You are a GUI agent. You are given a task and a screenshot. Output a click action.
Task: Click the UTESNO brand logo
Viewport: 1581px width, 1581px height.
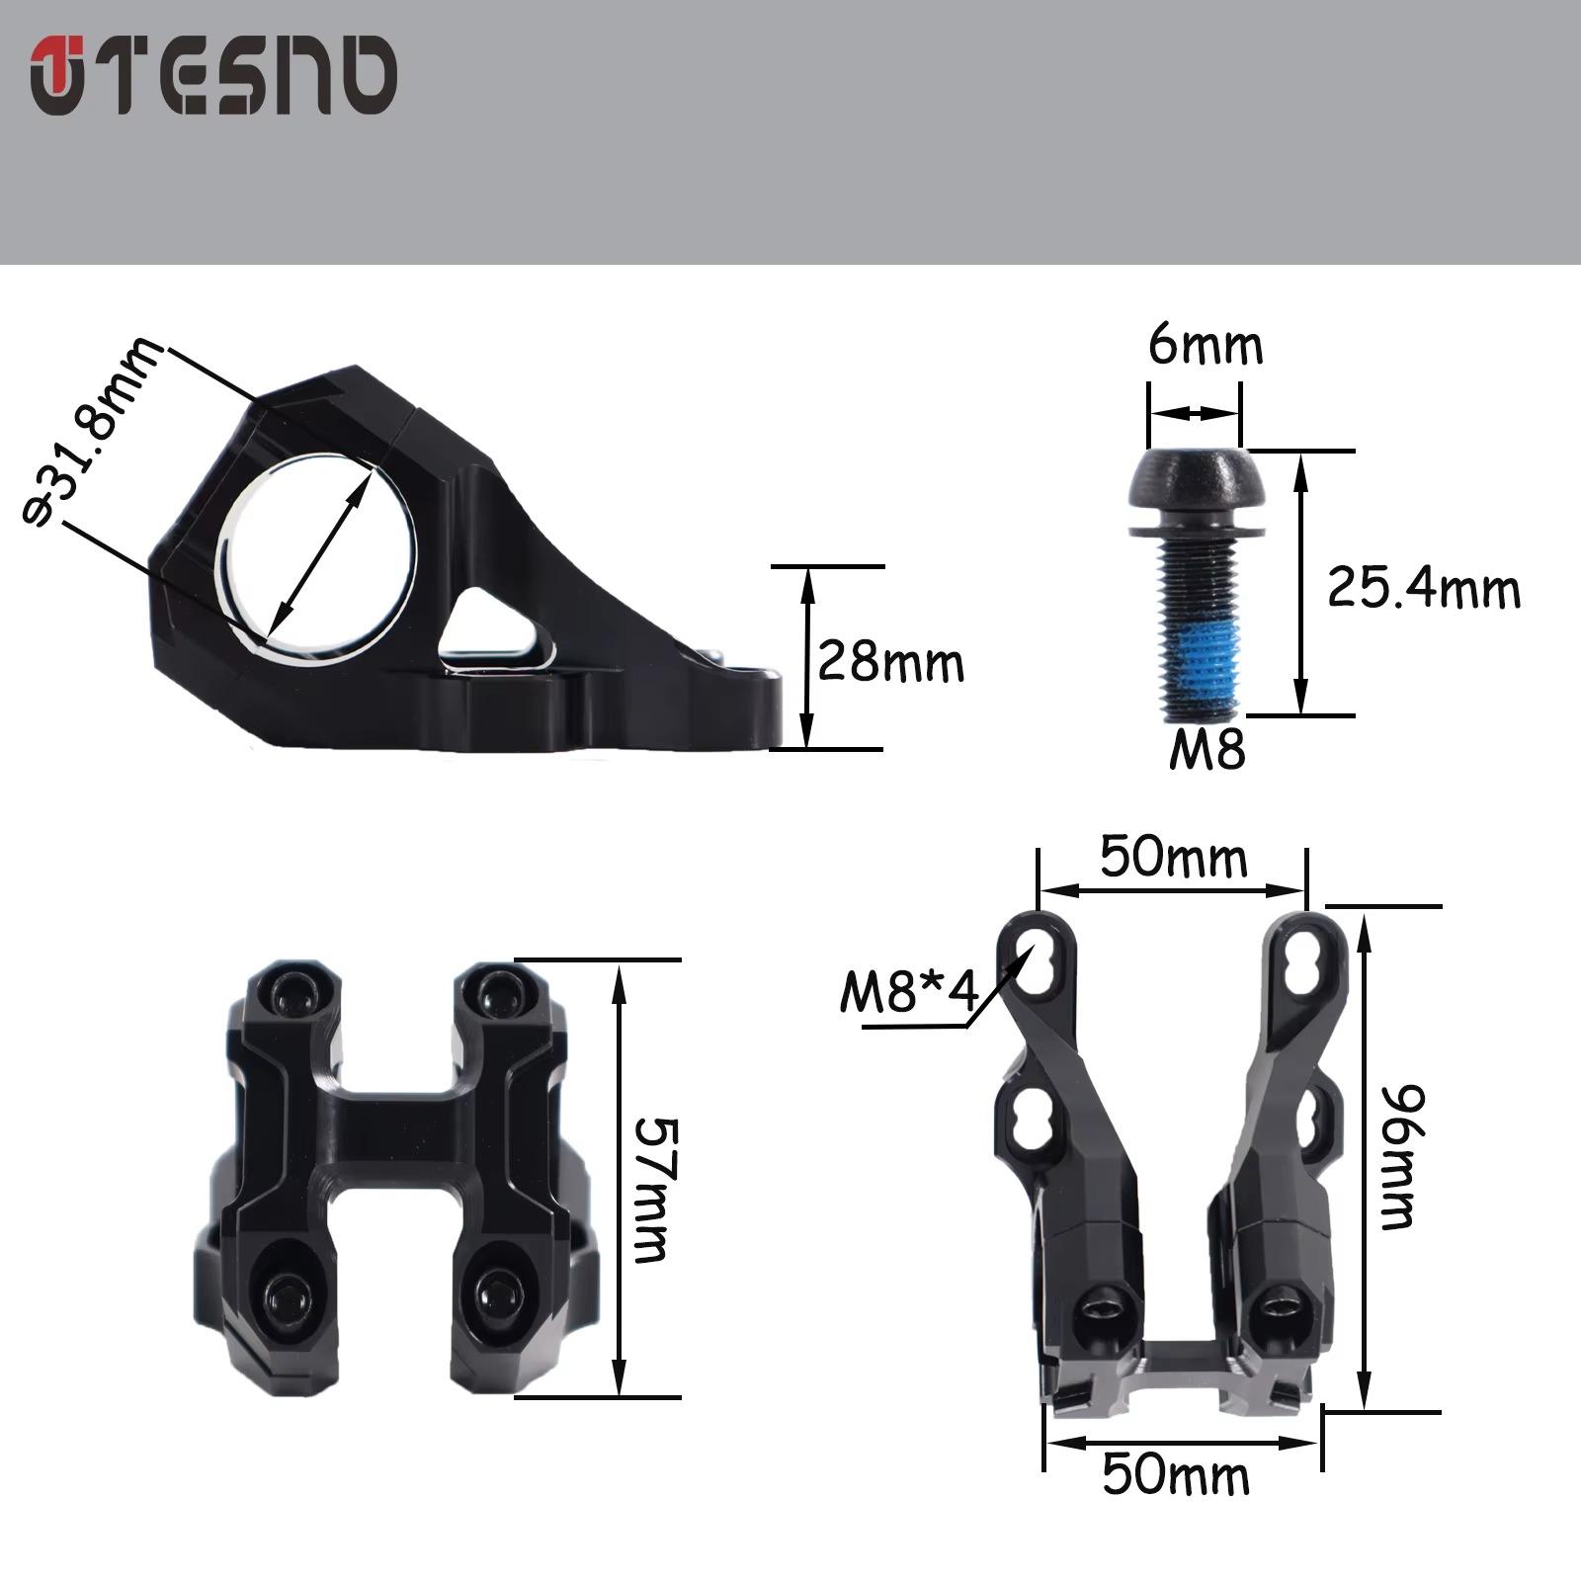(213, 76)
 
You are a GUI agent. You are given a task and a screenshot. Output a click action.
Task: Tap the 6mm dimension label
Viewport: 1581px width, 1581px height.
(1206, 347)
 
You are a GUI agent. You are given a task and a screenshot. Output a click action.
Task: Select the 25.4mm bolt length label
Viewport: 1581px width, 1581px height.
(1423, 588)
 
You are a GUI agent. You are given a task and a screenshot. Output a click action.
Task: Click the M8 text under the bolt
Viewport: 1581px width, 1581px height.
(1207, 750)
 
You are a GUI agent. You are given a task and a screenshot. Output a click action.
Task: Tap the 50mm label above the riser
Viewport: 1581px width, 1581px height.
(1173, 857)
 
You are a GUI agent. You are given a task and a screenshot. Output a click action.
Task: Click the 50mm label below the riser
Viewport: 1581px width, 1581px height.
(1176, 1475)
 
